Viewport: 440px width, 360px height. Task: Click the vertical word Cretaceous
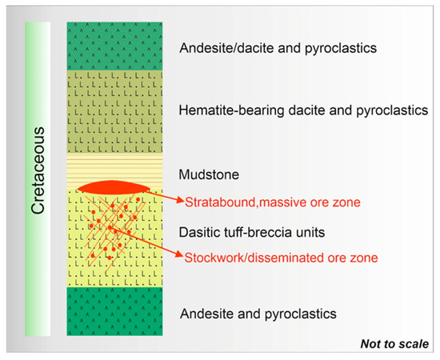38,170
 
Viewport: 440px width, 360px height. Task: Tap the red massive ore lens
114,187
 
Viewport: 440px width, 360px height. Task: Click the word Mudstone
209,174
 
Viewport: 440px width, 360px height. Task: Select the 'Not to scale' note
394,344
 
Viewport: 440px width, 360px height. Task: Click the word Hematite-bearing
231,110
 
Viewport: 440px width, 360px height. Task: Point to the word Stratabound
221,202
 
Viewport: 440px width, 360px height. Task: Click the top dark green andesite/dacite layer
114,46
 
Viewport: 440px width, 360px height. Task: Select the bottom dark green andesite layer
114,311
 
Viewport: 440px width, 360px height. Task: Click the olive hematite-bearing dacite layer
114,112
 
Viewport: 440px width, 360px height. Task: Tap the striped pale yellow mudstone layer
114,168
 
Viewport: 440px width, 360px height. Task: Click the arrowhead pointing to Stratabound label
179,200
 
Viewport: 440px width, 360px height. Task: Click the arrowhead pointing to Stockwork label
179,254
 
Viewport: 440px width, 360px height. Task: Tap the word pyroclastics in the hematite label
392,110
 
